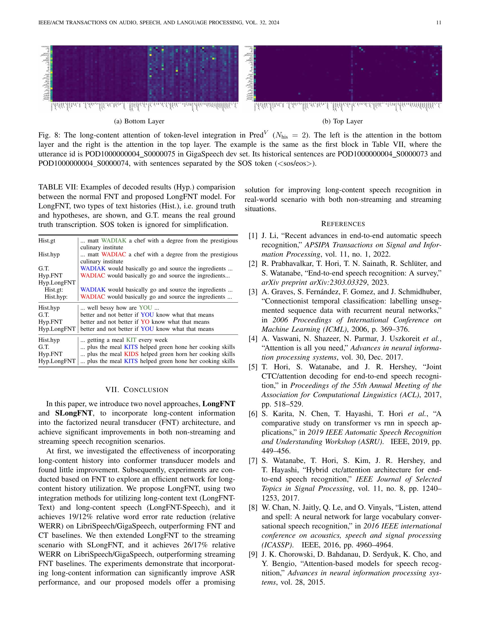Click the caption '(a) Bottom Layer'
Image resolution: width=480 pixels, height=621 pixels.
139,121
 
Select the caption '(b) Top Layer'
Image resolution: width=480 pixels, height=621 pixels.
342,121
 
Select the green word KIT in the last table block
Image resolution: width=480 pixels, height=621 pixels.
131,340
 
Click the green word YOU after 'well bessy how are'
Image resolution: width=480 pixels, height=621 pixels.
145,308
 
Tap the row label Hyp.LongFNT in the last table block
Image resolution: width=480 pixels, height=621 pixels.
57,361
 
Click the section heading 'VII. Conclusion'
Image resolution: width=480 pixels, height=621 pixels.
137,390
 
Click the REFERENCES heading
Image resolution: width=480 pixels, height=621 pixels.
343,224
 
